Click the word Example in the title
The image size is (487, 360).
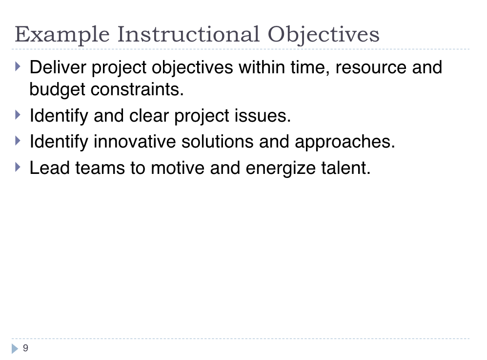click(62, 35)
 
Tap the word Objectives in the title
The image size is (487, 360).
click(324, 35)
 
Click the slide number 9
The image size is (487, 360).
click(25, 348)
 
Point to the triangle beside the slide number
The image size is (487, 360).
click(15, 348)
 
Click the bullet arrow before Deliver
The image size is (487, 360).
click(18, 66)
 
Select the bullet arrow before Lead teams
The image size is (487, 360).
click(18, 167)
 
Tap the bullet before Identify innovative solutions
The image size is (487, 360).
click(18, 141)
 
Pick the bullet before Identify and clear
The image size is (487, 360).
click(18, 115)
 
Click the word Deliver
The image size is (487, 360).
click(58, 67)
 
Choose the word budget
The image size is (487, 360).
click(57, 90)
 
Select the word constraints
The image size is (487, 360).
click(137, 89)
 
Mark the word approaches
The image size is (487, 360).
click(345, 142)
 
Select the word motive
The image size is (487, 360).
click(178, 168)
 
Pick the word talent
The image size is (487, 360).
click(346, 168)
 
